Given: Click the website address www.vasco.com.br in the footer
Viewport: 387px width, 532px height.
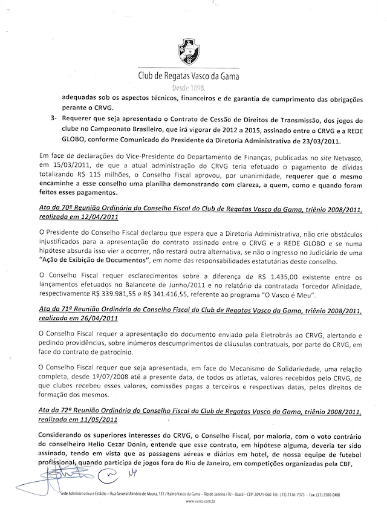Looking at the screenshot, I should click(x=193, y=502).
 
